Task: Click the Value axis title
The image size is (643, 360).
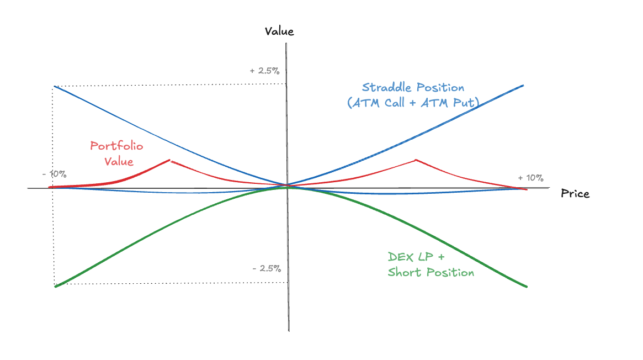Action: click(279, 31)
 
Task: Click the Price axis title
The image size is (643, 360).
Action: click(575, 194)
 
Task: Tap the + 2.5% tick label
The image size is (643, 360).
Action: click(264, 71)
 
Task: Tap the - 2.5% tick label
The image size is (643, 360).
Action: click(267, 269)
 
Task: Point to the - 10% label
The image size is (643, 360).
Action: click(54, 174)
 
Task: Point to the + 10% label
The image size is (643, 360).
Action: click(530, 178)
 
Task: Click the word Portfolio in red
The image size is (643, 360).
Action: click(116, 146)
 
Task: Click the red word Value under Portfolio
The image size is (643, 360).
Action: click(120, 162)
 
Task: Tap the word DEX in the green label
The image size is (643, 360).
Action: click(400, 257)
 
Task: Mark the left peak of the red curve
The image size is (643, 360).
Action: click(170, 160)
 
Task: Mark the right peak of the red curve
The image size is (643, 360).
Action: click(416, 160)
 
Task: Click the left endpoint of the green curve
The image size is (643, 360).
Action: click(55, 287)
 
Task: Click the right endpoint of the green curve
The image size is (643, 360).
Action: click(527, 287)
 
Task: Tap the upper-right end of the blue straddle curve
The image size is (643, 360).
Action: click(523, 86)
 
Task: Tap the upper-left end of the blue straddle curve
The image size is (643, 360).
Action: click(54, 86)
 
